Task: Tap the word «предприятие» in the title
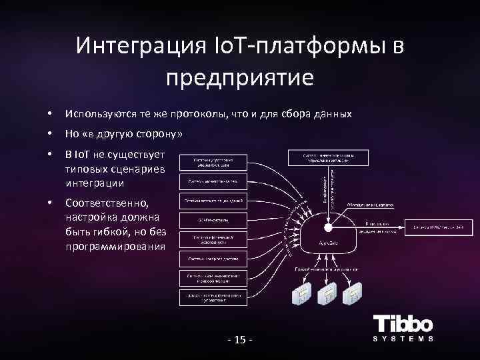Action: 239,77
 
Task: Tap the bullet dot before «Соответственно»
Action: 51,201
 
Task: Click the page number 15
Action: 239,341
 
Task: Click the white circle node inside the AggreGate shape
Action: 328,227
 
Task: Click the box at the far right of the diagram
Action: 438,227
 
